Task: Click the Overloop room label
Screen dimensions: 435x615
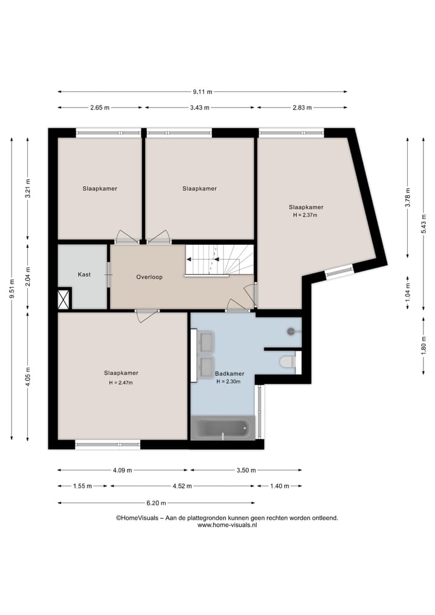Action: [149, 277]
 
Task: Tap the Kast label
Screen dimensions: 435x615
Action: [84, 275]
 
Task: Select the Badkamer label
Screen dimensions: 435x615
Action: [230, 374]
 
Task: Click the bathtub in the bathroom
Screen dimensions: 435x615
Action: [222, 429]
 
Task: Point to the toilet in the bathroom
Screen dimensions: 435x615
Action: [288, 362]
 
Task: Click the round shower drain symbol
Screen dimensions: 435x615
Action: [291, 331]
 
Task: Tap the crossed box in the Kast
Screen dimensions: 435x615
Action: [63, 299]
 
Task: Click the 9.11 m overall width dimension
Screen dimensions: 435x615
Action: [202, 92]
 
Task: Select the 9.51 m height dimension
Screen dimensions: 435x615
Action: [11, 289]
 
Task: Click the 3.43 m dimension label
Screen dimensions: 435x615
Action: [199, 108]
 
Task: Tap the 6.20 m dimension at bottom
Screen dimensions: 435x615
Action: [156, 503]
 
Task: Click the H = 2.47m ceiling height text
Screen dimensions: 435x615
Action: [121, 383]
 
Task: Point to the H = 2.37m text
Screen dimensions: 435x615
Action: [305, 215]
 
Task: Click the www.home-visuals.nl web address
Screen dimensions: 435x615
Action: [227, 525]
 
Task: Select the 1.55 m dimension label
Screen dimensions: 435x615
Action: [82, 486]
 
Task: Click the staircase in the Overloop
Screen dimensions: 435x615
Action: [219, 260]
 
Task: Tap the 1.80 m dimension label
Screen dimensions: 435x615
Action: [424, 345]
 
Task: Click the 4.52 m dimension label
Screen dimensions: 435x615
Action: [182, 486]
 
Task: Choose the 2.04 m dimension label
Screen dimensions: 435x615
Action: [27, 276]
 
